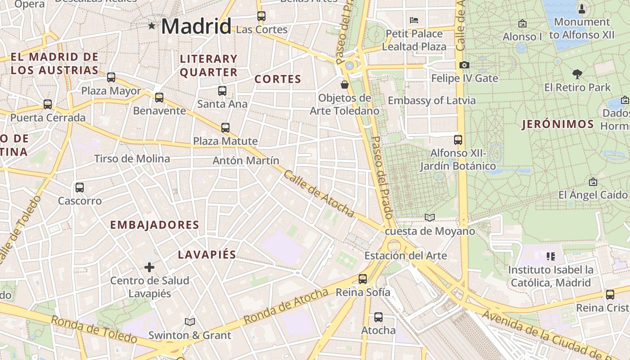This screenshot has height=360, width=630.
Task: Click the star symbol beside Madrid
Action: [x=152, y=26]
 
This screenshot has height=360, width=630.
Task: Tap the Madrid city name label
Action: [x=196, y=26]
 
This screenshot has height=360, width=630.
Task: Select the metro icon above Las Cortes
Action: [x=261, y=16]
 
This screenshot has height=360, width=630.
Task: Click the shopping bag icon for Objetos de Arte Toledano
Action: [x=345, y=85]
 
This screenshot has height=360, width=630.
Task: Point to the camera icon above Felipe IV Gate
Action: [x=464, y=65]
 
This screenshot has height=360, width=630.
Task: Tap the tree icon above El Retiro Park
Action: [x=577, y=74]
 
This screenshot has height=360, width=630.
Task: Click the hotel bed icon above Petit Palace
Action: [x=414, y=20]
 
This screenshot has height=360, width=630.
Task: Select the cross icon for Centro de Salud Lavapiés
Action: [x=149, y=267]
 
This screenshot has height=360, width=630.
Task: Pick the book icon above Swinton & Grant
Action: [x=190, y=322]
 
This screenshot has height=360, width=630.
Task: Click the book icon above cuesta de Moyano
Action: [x=430, y=218]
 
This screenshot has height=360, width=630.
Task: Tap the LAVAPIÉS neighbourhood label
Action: [x=207, y=255]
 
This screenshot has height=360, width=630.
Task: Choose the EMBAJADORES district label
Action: [x=155, y=225]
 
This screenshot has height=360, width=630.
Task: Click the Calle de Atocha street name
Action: [x=319, y=193]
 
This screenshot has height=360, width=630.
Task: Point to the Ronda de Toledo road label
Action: [x=94, y=329]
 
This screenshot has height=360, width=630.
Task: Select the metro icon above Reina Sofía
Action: [x=363, y=279]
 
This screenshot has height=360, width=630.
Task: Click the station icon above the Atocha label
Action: [x=378, y=317]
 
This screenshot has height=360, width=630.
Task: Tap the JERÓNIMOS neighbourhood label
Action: [x=558, y=125]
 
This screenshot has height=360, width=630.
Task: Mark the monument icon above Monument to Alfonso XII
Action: [x=582, y=9]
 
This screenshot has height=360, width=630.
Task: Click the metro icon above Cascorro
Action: [x=80, y=188]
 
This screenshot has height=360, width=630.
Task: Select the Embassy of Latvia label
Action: [x=432, y=100]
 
